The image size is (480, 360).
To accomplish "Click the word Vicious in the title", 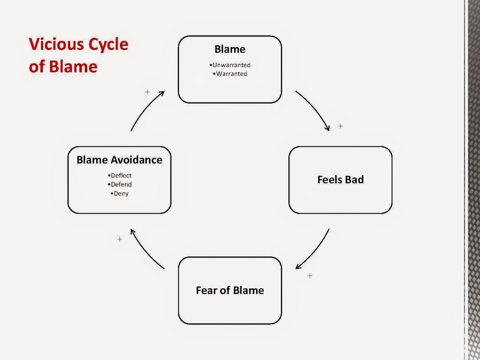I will pyautogui.click(x=56, y=44).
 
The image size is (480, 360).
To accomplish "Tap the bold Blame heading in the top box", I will pyautogui.click(x=230, y=49).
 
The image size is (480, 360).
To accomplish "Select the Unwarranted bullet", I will pyautogui.click(x=230, y=65).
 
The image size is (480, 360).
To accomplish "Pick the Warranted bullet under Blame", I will pyautogui.click(x=230, y=74).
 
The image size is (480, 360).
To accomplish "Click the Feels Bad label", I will pyautogui.click(x=340, y=180).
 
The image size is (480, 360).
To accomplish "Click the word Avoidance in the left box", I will pyautogui.click(x=136, y=160).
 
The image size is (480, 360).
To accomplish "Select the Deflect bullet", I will pyautogui.click(x=120, y=175).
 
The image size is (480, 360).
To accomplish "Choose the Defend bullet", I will pyautogui.click(x=120, y=184).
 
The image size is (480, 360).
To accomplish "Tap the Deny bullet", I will pyautogui.click(x=120, y=193).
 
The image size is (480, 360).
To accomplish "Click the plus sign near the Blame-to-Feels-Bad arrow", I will pyautogui.click(x=340, y=126).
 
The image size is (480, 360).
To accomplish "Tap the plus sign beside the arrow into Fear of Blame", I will pyautogui.click(x=310, y=276).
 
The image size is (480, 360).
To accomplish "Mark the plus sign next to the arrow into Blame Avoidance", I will pyautogui.click(x=120, y=239).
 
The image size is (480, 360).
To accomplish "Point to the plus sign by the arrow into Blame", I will pyautogui.click(x=147, y=92).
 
